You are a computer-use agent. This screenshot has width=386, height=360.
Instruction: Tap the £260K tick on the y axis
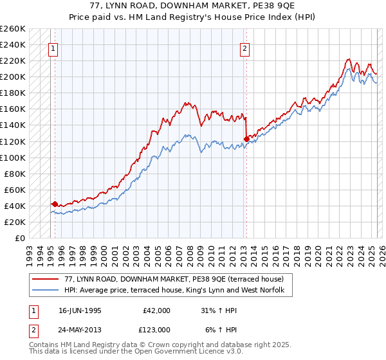[x=13, y=29]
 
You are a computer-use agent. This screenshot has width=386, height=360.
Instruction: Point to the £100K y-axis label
[x=13, y=157]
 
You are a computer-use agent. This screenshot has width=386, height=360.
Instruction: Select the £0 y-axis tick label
[x=19, y=238]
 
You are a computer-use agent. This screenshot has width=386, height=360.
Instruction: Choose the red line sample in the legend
[x=45, y=278]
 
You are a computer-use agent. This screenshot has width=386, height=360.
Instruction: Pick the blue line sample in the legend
[x=45, y=290]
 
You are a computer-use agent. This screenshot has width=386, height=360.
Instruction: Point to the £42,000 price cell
[x=154, y=310]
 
